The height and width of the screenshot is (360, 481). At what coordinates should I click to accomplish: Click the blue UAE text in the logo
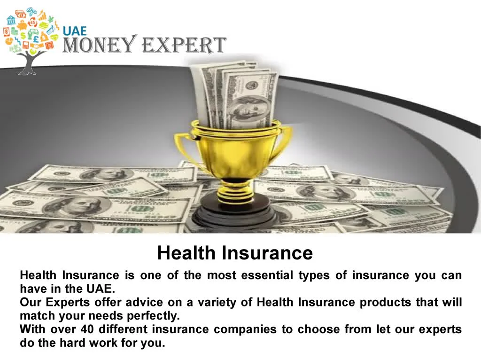tap(75, 31)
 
